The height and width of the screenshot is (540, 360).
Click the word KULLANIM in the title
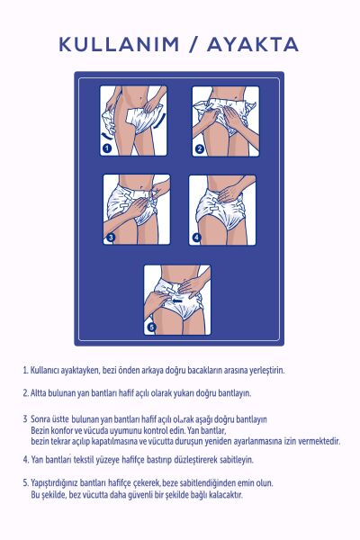pos(112,44)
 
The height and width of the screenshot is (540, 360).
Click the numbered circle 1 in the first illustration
pos(106,148)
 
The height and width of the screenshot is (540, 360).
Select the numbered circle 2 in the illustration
pos(200,148)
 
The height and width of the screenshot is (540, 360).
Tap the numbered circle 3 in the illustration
pos(111,238)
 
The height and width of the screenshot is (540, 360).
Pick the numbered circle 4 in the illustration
pos(197,238)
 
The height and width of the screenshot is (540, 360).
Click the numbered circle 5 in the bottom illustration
pos(151,327)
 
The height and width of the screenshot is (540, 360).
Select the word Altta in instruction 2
pos(41,393)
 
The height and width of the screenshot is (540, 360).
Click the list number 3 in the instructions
pos(24,420)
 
